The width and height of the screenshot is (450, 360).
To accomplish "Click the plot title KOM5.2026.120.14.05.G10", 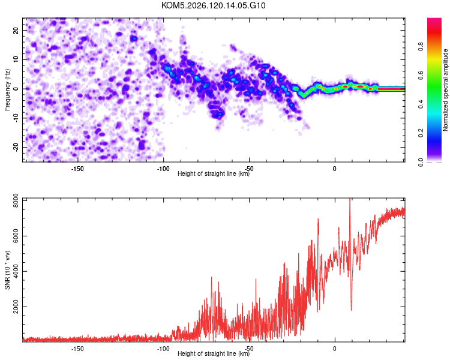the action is pos(213,5).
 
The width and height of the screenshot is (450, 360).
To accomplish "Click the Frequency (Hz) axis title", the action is pos(7,90).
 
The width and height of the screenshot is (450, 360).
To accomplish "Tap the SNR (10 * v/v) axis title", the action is pos(7,270).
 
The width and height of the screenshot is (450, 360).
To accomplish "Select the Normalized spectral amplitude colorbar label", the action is pos(445,90).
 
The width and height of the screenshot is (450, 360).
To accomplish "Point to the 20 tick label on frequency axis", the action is pos(16,30).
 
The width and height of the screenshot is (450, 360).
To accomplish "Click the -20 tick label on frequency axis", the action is pos(16,147).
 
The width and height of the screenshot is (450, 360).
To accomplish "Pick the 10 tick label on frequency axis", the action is pos(16,59).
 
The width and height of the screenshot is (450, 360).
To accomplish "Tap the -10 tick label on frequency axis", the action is pos(16,118).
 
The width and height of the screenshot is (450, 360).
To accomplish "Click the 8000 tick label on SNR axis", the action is pos(16,201).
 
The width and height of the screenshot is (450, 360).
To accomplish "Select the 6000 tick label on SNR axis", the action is pos(16,236).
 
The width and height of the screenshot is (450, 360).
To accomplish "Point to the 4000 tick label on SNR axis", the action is pos(16,271).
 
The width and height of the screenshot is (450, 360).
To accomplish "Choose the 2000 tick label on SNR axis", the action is pos(16,307).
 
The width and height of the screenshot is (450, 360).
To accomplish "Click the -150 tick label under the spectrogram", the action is pos(77,169).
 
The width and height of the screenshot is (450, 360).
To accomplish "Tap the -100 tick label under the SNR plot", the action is pos(163,349).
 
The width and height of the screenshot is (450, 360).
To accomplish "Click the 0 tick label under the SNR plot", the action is pos(335,349).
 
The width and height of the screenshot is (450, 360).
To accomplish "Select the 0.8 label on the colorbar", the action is pos(421,46).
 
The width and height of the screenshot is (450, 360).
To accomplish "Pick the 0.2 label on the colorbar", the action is pos(421,133).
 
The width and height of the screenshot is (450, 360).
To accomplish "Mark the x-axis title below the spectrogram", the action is pos(214,173).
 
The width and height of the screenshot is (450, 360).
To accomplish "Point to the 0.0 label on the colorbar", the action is pos(421,162).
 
